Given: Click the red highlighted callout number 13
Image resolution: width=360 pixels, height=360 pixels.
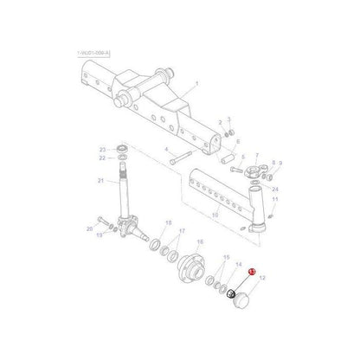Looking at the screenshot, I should pyautogui.click(x=251, y=273).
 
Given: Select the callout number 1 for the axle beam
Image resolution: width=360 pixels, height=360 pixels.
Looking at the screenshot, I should pyautogui.click(x=196, y=84).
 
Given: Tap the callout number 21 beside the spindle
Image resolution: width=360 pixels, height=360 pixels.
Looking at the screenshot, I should pyautogui.click(x=100, y=180).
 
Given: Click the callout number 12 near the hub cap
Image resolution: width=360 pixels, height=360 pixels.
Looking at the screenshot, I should pyautogui.click(x=263, y=279).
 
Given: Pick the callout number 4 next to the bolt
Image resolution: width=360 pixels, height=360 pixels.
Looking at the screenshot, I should pyautogui.click(x=166, y=151).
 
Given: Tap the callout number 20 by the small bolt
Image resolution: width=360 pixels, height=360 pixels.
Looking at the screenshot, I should pyautogui.click(x=89, y=228).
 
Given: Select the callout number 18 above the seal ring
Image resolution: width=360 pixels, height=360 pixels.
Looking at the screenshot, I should pyautogui.click(x=169, y=223).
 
